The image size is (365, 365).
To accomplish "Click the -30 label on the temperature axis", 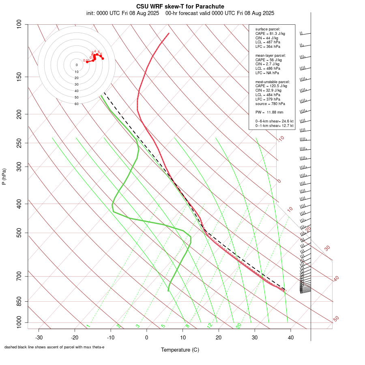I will pyautogui.click(x=39, y=337).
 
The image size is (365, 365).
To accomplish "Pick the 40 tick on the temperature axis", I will pyautogui.click(x=291, y=337).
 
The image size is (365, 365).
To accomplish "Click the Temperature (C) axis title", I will pyautogui.click(x=180, y=350).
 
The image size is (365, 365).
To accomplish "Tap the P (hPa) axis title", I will pyautogui.click(x=4, y=176).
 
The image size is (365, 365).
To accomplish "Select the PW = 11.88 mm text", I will pyautogui.click(x=269, y=112).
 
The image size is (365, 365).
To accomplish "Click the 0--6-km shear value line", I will pyautogui.click(x=274, y=121).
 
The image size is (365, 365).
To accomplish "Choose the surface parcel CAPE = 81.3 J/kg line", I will pyautogui.click(x=270, y=33).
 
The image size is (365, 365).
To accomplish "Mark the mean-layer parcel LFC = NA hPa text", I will pyautogui.click(x=267, y=73).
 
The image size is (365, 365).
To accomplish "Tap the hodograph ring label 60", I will pyautogui.click(x=76, y=104).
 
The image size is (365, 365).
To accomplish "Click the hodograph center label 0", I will pyautogui.click(x=76, y=65).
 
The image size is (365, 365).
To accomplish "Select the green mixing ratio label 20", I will pyautogui.click(x=238, y=325).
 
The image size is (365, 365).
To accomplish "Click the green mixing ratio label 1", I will pyautogui.click(x=88, y=326).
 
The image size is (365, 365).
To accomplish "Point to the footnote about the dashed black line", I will pyautogui.click(x=54, y=347).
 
